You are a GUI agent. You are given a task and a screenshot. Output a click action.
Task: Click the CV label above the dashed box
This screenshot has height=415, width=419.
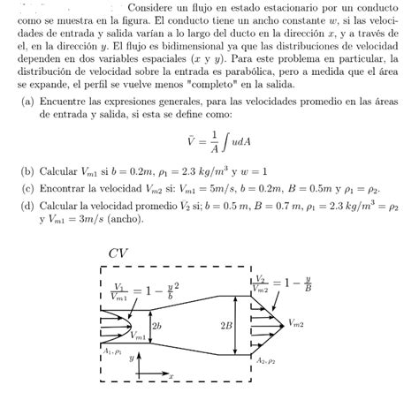118,253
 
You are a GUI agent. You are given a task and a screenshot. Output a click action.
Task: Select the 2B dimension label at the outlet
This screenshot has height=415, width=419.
226,325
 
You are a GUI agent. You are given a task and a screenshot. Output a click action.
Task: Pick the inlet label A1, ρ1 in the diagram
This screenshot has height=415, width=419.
113,351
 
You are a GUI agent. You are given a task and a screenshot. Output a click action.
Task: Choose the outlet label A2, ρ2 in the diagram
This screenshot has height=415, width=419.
266,361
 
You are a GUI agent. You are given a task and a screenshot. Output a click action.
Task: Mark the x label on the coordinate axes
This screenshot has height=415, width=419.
170,377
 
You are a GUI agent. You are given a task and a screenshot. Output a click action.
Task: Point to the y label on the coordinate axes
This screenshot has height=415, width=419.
131,360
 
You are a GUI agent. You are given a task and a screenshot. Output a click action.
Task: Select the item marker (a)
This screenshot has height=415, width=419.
29,102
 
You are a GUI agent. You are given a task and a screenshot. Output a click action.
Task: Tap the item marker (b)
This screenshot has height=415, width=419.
29,172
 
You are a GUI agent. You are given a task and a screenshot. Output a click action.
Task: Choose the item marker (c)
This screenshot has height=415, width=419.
29,188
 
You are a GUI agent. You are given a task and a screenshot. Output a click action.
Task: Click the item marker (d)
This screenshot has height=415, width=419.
29,204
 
